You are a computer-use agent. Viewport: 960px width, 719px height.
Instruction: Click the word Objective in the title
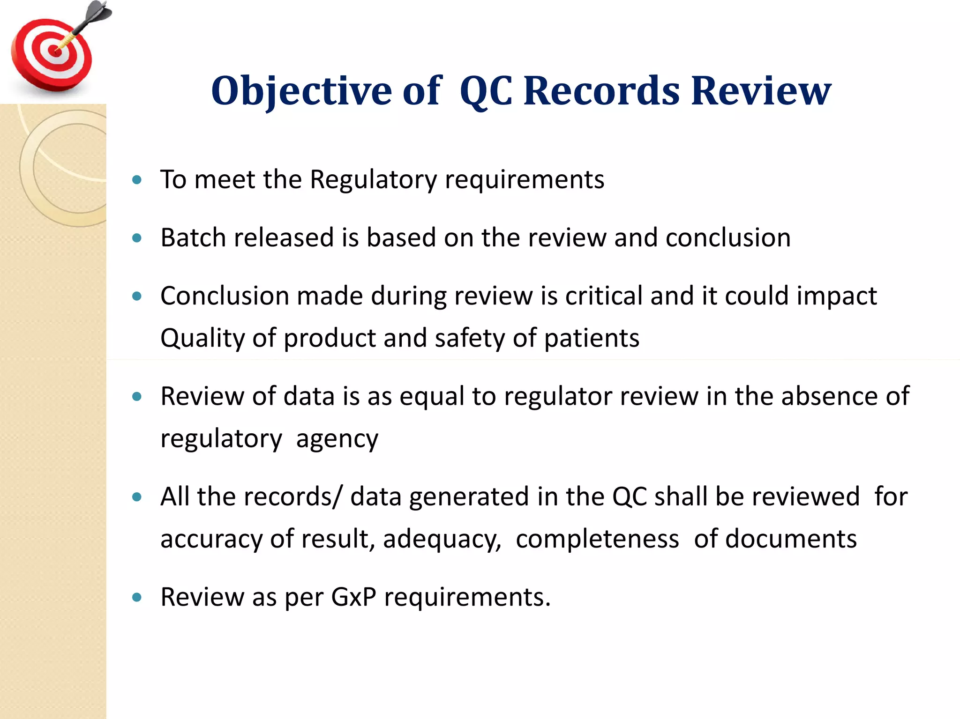coord(301,91)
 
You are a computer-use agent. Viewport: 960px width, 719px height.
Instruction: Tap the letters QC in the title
coord(486,91)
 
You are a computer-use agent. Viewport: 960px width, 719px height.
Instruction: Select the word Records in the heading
coord(601,91)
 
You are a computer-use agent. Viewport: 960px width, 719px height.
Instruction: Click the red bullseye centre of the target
coord(55,51)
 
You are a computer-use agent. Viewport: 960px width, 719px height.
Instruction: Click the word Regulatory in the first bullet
coord(373,179)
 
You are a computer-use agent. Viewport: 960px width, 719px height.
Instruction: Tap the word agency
coord(337,439)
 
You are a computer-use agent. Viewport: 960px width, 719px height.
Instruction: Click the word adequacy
coord(442,539)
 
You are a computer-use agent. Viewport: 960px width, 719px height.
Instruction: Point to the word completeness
coord(597,539)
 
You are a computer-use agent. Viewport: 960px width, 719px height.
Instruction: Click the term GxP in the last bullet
coord(353,597)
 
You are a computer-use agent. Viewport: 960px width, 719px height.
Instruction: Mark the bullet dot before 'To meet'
coord(137,180)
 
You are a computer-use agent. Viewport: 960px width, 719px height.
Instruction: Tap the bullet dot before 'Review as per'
coord(137,597)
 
